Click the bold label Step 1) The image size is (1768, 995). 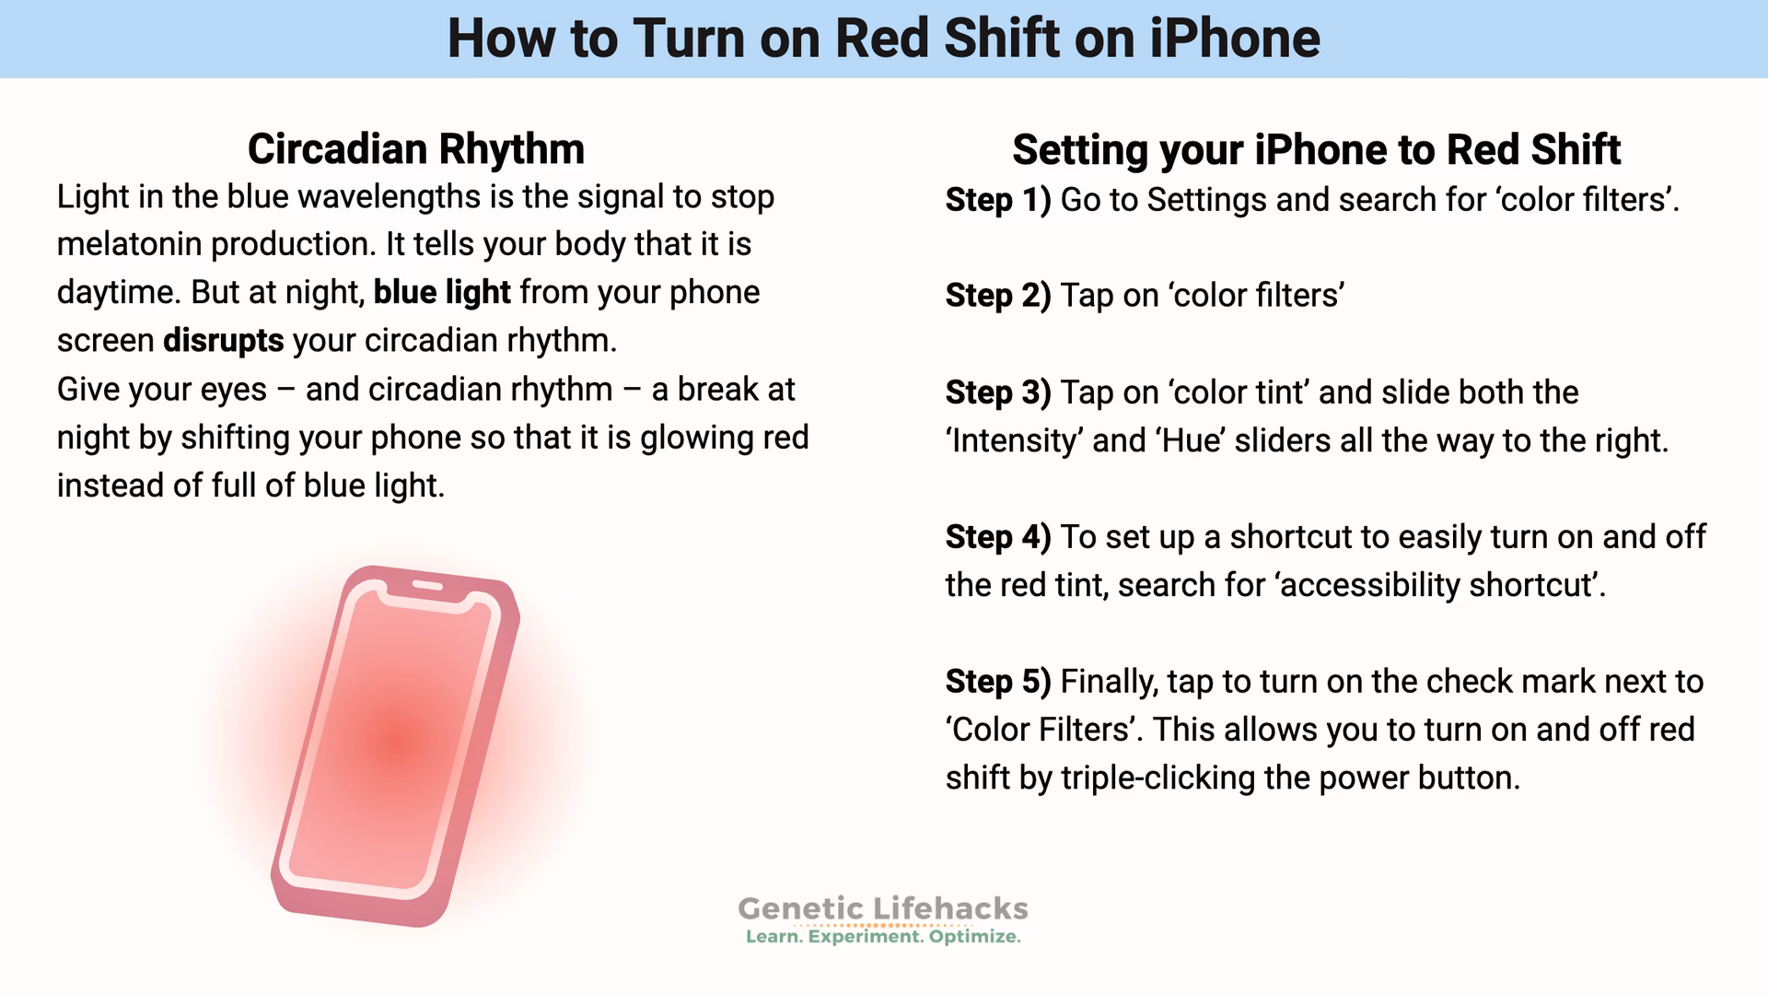(x=997, y=200)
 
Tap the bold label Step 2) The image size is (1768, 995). (x=997, y=296)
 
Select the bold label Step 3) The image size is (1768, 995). (x=997, y=392)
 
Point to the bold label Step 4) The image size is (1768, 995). (x=997, y=537)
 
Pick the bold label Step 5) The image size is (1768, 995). (x=997, y=682)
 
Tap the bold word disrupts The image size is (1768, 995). (x=223, y=341)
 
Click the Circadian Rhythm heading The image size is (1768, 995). (x=415, y=149)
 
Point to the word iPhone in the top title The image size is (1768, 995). (x=1234, y=39)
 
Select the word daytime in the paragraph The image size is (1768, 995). (x=116, y=293)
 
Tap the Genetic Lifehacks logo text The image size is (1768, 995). (x=882, y=908)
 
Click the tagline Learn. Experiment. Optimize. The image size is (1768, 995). (x=882, y=937)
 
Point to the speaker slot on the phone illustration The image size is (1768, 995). (x=426, y=585)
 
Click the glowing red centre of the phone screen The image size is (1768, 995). (x=398, y=742)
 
